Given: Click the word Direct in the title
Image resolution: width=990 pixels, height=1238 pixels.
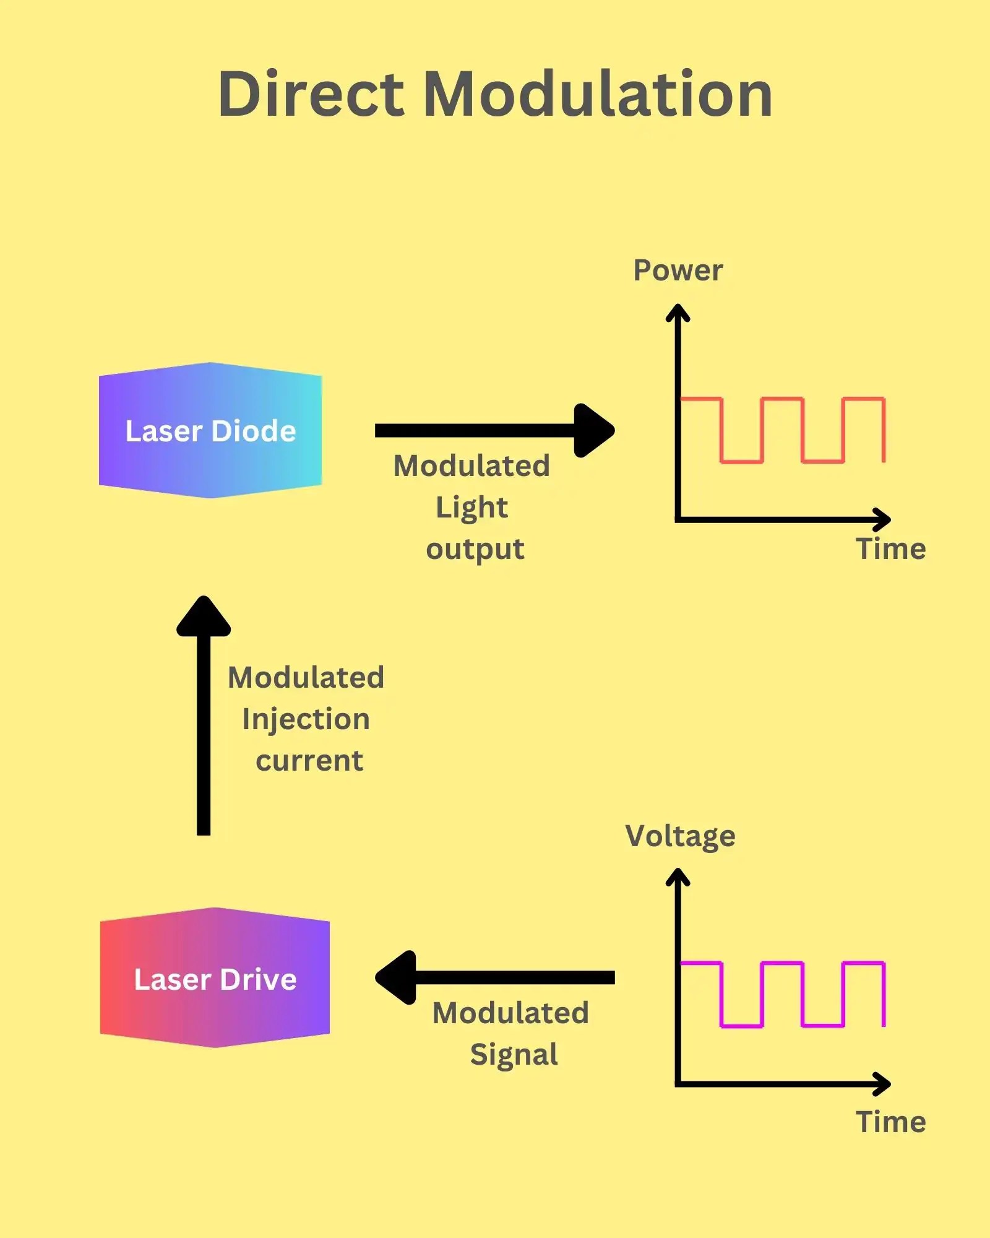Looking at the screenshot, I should [x=311, y=94].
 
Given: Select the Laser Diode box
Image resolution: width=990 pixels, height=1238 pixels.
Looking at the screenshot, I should [x=210, y=431].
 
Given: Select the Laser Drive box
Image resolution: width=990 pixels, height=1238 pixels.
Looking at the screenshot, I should [x=215, y=979].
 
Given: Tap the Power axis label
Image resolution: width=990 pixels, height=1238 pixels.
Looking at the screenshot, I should [x=678, y=271].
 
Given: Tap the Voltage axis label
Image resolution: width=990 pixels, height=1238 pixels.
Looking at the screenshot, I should [x=680, y=836].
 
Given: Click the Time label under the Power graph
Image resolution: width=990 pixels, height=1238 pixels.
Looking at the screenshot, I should [x=890, y=549].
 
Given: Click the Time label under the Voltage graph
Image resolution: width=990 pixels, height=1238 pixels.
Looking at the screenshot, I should [x=890, y=1122].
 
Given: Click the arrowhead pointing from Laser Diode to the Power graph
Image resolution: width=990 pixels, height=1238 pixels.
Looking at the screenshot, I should [x=593, y=431].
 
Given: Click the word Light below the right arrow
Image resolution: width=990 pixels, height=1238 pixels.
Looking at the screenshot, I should [x=471, y=508].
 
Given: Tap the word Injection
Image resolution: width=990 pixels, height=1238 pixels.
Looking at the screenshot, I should [x=306, y=719].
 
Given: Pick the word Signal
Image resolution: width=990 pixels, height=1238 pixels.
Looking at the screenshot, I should [x=514, y=1055].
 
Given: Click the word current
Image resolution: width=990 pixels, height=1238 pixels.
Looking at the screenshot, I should [x=309, y=761].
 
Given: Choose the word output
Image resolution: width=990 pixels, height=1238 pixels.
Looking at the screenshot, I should [x=475, y=550].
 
